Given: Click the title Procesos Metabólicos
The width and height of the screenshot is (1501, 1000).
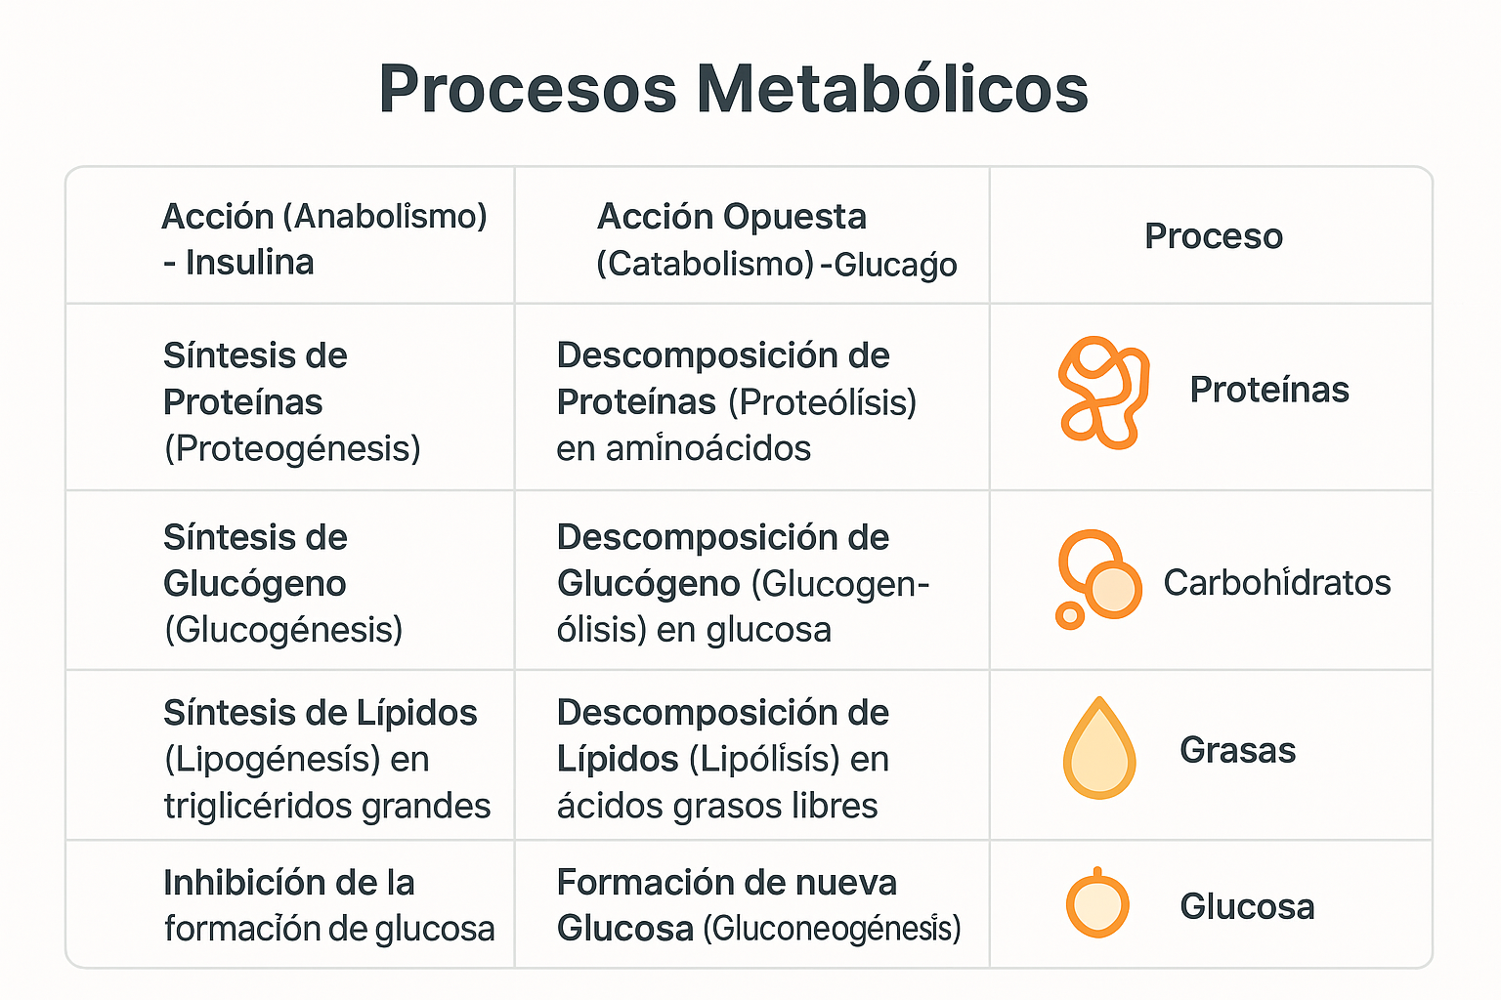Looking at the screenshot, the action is (733, 90).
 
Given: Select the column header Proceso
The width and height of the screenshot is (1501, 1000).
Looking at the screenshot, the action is (1213, 236).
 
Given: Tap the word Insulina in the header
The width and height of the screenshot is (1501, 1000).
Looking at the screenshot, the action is (250, 263).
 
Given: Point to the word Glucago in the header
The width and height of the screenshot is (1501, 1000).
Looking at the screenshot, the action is (895, 265).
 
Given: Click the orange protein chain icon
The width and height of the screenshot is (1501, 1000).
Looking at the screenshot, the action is (1102, 392).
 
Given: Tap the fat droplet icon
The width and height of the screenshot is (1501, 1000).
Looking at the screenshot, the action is (1099, 749).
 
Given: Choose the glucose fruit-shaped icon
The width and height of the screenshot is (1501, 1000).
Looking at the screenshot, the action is (1096, 903).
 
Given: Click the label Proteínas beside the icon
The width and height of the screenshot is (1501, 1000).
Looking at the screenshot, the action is (1268, 390).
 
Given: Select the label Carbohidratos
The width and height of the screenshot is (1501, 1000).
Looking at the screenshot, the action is (1276, 583).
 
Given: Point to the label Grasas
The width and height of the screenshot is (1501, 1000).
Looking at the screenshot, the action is (1237, 750).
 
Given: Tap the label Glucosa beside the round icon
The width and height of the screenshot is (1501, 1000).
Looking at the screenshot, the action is (1246, 906).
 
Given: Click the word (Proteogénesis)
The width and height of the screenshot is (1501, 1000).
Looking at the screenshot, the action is (292, 448).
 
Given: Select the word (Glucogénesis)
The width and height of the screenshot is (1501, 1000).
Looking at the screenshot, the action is (283, 630).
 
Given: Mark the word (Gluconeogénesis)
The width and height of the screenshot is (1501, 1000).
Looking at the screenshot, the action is (832, 928).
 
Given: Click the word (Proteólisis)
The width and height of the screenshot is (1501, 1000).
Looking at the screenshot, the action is (823, 402).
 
